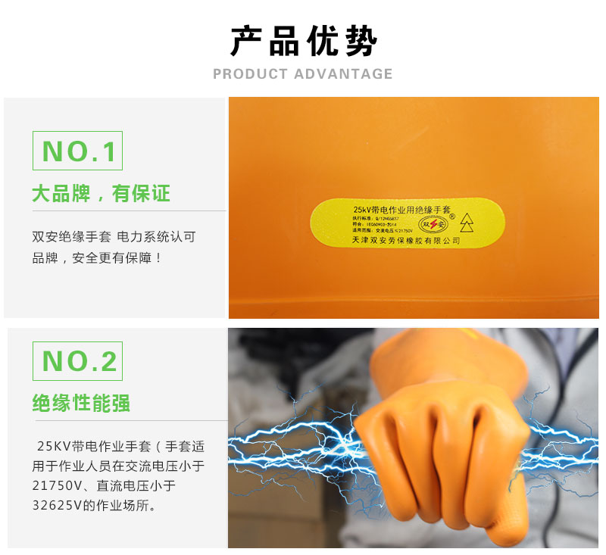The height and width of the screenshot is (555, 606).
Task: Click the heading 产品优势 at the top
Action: point(303,42)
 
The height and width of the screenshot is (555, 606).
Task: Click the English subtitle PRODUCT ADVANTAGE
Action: point(303,74)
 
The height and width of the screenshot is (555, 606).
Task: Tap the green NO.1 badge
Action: point(77,151)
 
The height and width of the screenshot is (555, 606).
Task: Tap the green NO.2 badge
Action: point(77,361)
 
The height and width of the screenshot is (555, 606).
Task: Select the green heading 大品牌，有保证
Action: point(101,194)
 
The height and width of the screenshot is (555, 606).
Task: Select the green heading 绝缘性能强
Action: point(81,403)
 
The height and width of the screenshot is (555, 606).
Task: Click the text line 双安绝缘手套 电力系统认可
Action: point(114,237)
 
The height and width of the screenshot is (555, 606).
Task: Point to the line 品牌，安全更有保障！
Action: point(97,258)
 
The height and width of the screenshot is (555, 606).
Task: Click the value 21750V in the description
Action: point(58,485)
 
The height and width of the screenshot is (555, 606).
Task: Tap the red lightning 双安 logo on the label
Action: point(433,225)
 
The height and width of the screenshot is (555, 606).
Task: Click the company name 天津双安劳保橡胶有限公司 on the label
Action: point(406,241)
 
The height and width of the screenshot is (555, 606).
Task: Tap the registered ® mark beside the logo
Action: point(452,217)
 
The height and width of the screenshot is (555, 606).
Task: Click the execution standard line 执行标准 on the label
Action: point(376,218)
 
